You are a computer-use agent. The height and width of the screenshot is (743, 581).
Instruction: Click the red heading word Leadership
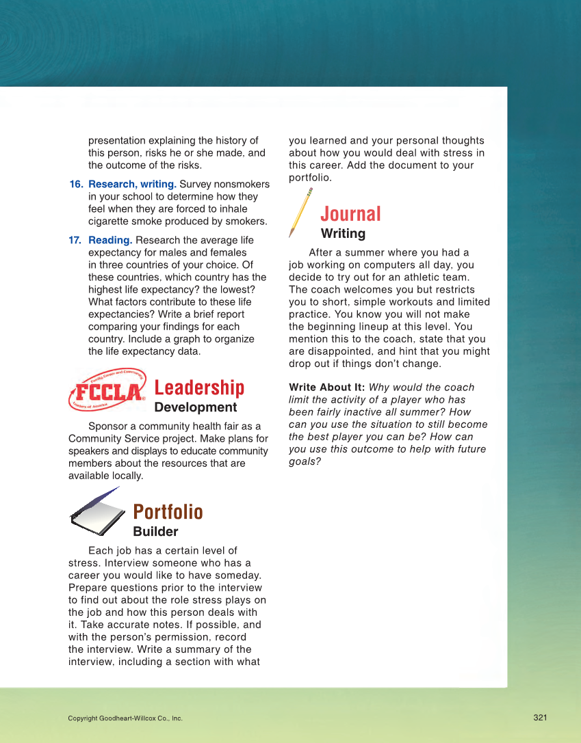[199, 388]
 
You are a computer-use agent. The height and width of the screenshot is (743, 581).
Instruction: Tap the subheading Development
[196, 407]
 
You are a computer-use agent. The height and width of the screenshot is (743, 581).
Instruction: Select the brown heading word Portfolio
[168, 512]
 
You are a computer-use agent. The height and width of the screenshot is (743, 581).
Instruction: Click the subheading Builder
[155, 532]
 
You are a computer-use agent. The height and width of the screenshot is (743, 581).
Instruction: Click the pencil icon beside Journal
[300, 213]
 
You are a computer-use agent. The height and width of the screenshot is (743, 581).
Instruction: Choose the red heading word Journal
[350, 214]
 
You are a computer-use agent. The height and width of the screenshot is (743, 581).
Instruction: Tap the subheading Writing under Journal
[343, 234]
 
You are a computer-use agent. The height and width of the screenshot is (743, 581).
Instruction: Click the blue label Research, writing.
[132, 185]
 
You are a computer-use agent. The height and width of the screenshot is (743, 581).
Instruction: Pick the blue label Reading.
[110, 241]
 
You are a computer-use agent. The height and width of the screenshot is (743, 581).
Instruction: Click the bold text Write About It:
[326, 388]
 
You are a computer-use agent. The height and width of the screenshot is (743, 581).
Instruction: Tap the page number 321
[540, 717]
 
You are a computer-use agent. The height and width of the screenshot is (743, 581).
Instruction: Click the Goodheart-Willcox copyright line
[125, 718]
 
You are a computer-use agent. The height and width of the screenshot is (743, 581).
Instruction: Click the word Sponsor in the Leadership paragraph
[108, 427]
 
